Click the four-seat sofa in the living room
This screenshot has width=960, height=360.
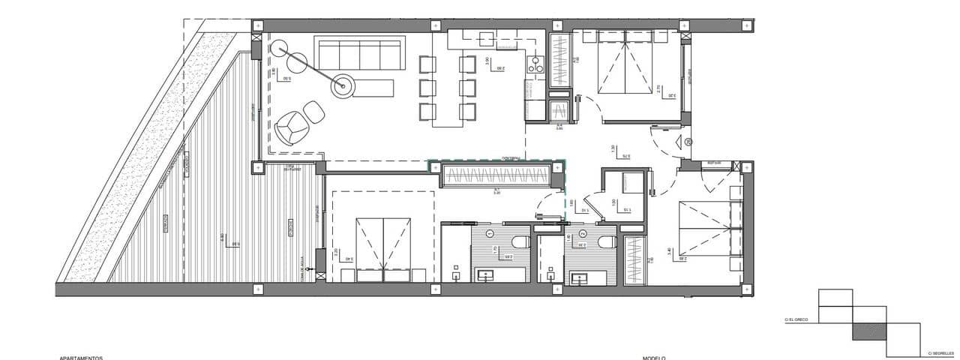[x=358, y=55]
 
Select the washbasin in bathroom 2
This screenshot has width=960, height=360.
[x=579, y=277]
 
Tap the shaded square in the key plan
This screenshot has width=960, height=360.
[x=869, y=329]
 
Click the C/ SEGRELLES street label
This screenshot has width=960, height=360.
[x=940, y=352]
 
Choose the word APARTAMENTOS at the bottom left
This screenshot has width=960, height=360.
[x=81, y=358]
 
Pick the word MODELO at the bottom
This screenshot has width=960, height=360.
[x=654, y=358]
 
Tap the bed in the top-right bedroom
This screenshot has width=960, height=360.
[x=625, y=64]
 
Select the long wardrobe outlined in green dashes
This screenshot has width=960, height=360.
[x=496, y=176]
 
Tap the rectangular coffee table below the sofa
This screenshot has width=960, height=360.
[x=373, y=87]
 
